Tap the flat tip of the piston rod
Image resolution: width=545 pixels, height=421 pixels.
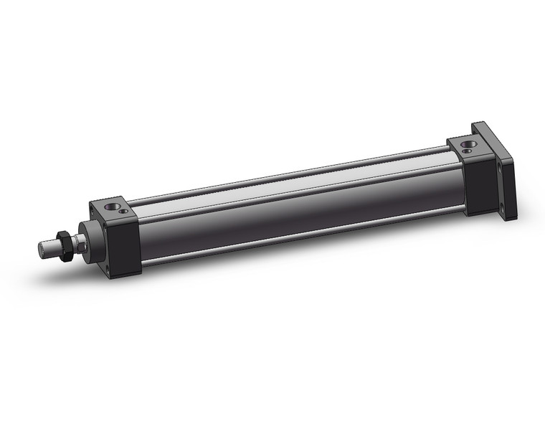click(x=41, y=250)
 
